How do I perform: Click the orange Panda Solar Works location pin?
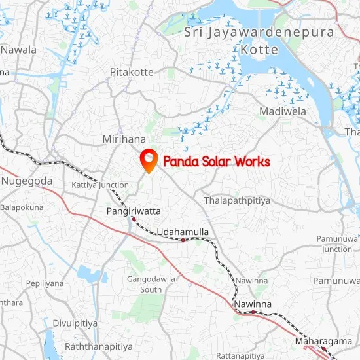pos(149,160)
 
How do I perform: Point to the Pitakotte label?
pos(132,71)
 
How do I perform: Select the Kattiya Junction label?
pos(100,185)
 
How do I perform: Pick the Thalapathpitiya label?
pos(237,200)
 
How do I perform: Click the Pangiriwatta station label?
pos(134,211)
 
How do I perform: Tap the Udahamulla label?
pos(183,232)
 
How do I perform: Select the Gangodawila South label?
pos(151,284)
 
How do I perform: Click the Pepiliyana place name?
pos(45,283)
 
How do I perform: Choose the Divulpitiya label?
pos(75,323)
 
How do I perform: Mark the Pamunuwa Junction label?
pos(338,243)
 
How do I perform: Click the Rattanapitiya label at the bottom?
pos(243,356)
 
